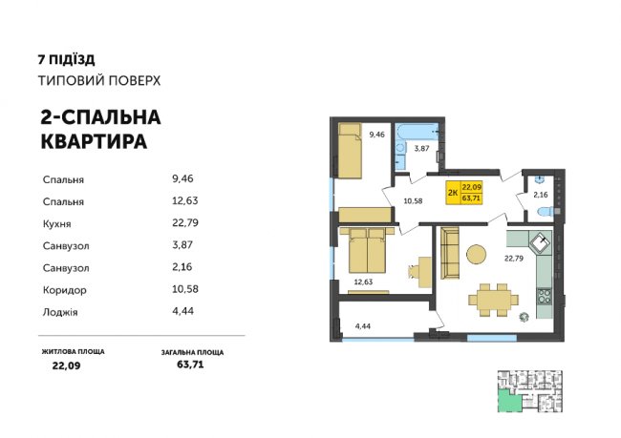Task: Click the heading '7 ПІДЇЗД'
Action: (x=66, y=58)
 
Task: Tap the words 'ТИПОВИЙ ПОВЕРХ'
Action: (x=99, y=80)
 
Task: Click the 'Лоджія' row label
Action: (x=62, y=309)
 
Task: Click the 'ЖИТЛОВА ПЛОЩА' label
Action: (x=73, y=352)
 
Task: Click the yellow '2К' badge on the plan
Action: (x=450, y=192)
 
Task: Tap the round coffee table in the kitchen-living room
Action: (x=477, y=254)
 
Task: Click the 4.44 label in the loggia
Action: (x=361, y=325)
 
